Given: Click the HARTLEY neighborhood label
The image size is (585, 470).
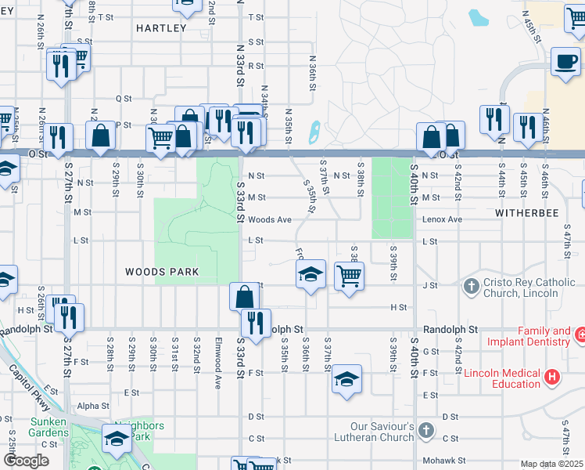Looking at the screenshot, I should click(x=161, y=28).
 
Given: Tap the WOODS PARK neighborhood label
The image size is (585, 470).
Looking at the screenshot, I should click(x=162, y=272).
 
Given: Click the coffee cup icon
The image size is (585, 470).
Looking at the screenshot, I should click(x=565, y=61).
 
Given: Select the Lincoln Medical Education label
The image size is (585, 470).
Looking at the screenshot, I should click(x=501, y=378).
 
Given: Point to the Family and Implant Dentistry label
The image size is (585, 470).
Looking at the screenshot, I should click(x=529, y=336).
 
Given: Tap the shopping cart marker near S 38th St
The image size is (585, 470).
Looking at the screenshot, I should click(x=349, y=275).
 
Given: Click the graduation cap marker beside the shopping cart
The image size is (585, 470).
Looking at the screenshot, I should click(x=310, y=275).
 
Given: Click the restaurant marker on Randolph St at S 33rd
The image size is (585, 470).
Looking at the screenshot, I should click(x=255, y=323).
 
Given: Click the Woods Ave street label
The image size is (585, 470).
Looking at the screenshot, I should click(x=271, y=220).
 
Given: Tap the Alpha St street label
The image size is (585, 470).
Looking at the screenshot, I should click(x=93, y=406).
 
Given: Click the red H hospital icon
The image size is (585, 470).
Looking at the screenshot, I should click(x=552, y=378).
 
